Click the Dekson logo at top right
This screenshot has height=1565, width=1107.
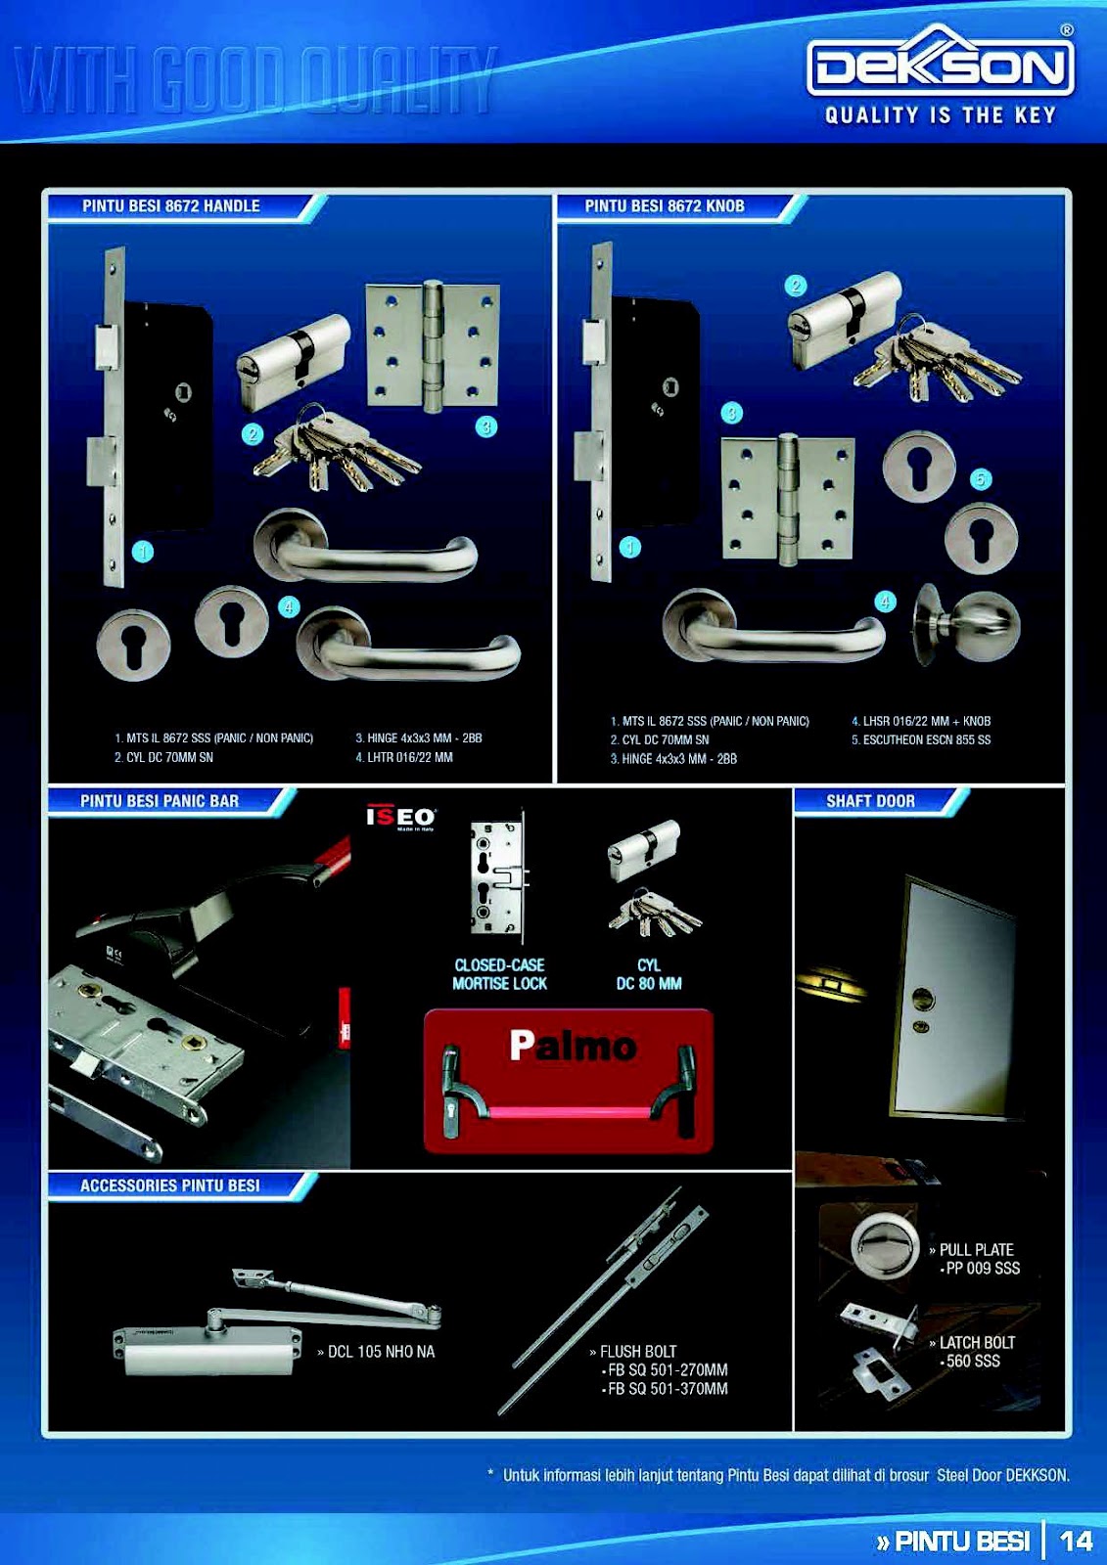click(x=940, y=67)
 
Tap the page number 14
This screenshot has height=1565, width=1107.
click(x=1076, y=1541)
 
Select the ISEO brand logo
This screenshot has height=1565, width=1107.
click(x=400, y=817)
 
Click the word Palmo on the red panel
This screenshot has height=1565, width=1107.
click(x=573, y=1046)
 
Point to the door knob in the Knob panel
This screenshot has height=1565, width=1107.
click(x=967, y=624)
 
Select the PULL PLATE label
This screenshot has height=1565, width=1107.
click(x=975, y=1250)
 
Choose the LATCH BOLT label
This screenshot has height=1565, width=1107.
click(x=976, y=1343)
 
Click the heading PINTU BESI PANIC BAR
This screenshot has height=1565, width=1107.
click(x=160, y=801)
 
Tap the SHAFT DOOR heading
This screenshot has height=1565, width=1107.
click(x=870, y=801)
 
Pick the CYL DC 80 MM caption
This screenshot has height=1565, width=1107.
click(x=648, y=974)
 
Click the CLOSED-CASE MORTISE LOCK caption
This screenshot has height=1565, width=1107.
click(x=499, y=974)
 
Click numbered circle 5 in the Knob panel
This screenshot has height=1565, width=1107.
click(x=980, y=478)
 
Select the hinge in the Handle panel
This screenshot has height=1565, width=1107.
click(x=432, y=344)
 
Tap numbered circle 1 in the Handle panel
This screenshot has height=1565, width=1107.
click(x=143, y=552)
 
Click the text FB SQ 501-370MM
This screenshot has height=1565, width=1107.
click(x=667, y=1389)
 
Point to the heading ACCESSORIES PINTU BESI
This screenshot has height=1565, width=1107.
click(x=169, y=1185)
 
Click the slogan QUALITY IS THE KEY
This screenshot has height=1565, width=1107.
click(x=940, y=115)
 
